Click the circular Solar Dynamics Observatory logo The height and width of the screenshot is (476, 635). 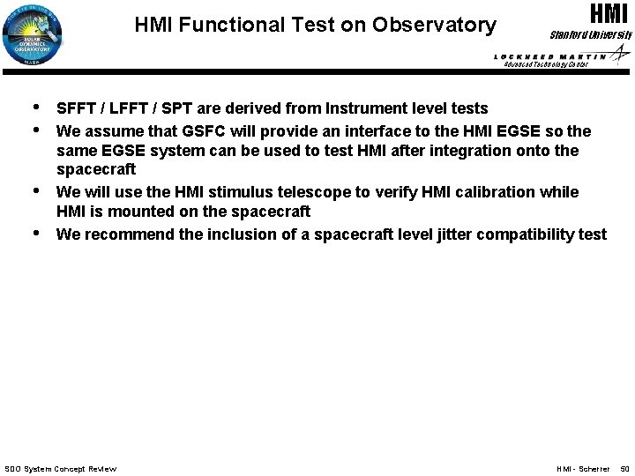(37, 34)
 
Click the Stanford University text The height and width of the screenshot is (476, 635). (592, 34)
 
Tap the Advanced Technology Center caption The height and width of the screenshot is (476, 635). (545, 65)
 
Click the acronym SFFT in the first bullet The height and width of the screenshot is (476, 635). (75, 108)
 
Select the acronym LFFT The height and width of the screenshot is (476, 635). (124, 108)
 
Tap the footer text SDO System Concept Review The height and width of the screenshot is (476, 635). (61, 469)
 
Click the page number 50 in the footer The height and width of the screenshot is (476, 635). (624, 469)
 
